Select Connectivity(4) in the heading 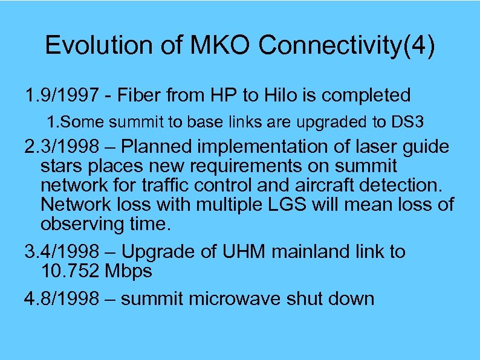(x=344, y=46)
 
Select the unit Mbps (x=128, y=271)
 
